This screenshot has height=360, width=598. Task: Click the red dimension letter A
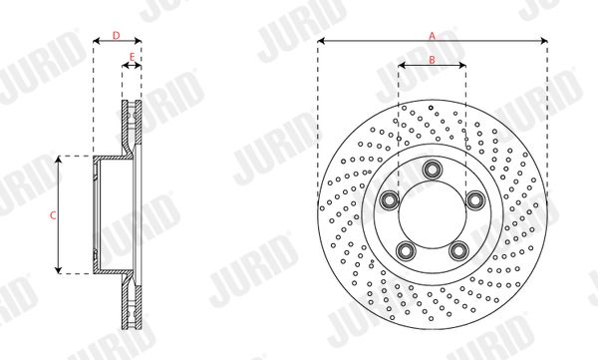point(432,36)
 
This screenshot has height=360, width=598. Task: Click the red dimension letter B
point(433,60)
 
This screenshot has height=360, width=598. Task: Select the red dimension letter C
point(53,215)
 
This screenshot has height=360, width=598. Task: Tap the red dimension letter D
point(117,36)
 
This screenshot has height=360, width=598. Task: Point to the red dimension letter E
point(132,57)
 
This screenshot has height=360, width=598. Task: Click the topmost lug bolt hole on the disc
point(433,170)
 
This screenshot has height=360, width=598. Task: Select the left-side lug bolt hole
point(389,200)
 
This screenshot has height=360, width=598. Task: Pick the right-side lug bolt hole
point(475,200)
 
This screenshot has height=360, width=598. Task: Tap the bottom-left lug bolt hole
point(406,250)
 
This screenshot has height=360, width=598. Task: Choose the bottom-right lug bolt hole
point(458,250)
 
